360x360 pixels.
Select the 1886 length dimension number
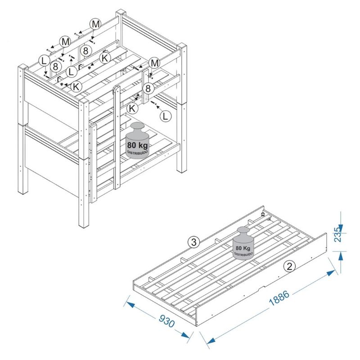pyautogui.click(x=279, y=298)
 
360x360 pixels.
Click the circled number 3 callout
pyautogui.click(x=194, y=242)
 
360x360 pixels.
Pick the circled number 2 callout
pyautogui.click(x=289, y=266)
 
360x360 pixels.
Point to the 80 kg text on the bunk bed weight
pyautogui.click(x=138, y=145)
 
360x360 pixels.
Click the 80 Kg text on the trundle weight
pyautogui.click(x=243, y=248)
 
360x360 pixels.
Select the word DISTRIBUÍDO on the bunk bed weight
pyautogui.click(x=138, y=152)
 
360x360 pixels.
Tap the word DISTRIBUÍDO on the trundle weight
pyautogui.click(x=243, y=255)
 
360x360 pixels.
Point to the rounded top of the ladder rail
pyautogui.click(x=117, y=88)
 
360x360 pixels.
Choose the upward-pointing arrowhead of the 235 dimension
pyautogui.click(x=341, y=255)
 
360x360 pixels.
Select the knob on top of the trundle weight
pyautogui.click(x=243, y=232)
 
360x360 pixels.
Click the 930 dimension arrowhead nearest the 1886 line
pyautogui.click(x=185, y=334)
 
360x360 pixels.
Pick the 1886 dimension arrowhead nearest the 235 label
pyautogui.click(x=331, y=273)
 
